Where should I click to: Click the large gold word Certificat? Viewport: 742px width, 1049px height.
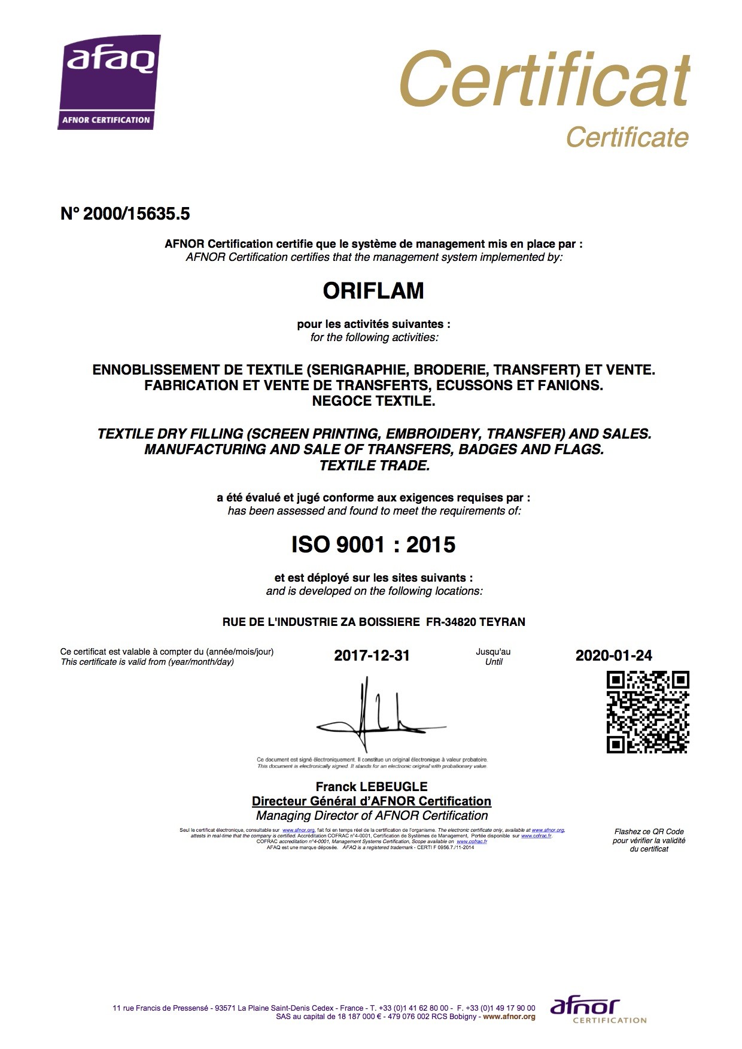(x=544, y=79)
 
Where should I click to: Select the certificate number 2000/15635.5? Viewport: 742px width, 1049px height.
(x=136, y=214)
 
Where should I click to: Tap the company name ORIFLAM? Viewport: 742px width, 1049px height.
(x=373, y=291)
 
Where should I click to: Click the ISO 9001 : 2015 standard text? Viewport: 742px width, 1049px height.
(x=373, y=545)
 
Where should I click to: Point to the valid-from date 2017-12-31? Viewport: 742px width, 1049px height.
(x=372, y=655)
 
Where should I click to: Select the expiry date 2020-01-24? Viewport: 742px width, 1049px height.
(x=613, y=655)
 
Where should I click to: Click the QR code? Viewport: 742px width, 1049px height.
(x=647, y=712)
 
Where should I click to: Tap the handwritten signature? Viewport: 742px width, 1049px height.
(x=379, y=715)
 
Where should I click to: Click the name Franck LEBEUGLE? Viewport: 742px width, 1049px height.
(x=372, y=786)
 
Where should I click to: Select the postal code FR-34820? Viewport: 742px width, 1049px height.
(x=451, y=622)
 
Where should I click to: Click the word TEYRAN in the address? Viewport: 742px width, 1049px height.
(x=502, y=622)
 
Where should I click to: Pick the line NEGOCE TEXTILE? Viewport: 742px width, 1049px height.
(x=373, y=401)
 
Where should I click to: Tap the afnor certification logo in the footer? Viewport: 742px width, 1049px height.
(x=598, y=1011)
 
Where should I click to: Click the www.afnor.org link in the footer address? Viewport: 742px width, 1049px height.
(x=509, y=1016)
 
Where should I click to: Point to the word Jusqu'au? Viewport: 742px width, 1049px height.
(x=493, y=652)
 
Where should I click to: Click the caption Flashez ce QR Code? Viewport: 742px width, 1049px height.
(x=649, y=831)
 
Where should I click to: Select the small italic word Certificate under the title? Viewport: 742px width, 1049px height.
(x=627, y=137)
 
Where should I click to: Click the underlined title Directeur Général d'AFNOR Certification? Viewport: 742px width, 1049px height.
(x=372, y=801)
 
